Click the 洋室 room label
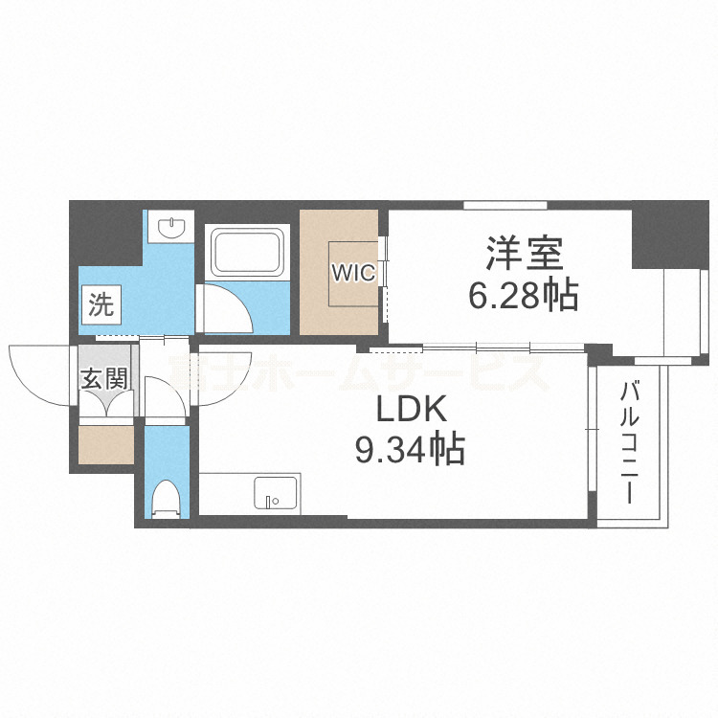pos(522,256)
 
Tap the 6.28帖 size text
pos(522,296)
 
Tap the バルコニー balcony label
pos(629,441)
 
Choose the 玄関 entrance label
pos(102,378)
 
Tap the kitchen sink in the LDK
pos(276,494)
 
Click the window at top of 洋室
pos(505,204)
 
